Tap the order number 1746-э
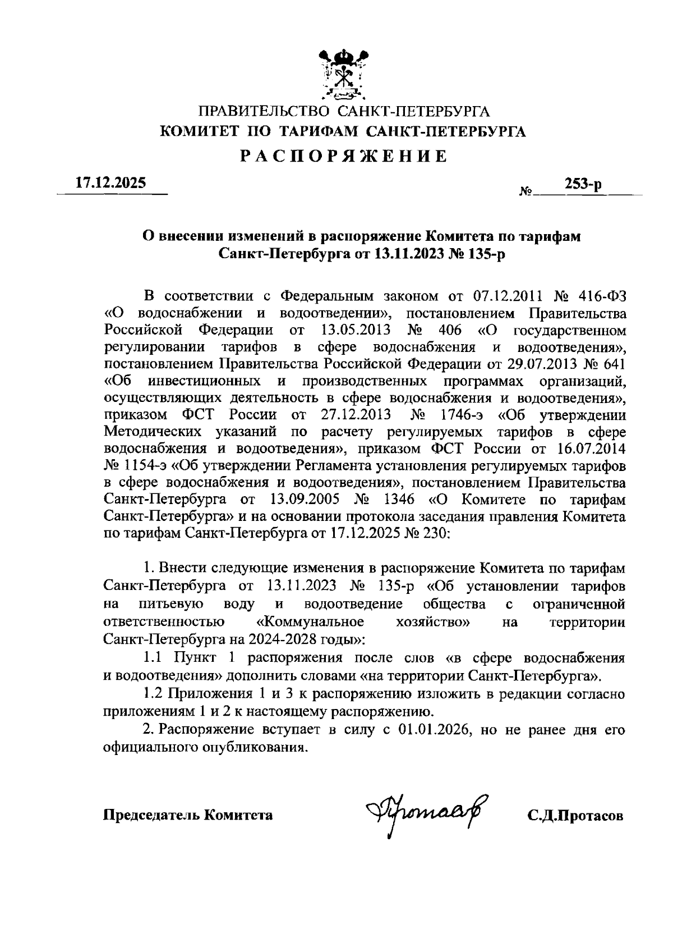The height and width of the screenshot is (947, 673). (459, 415)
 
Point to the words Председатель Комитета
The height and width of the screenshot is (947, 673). (188, 815)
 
